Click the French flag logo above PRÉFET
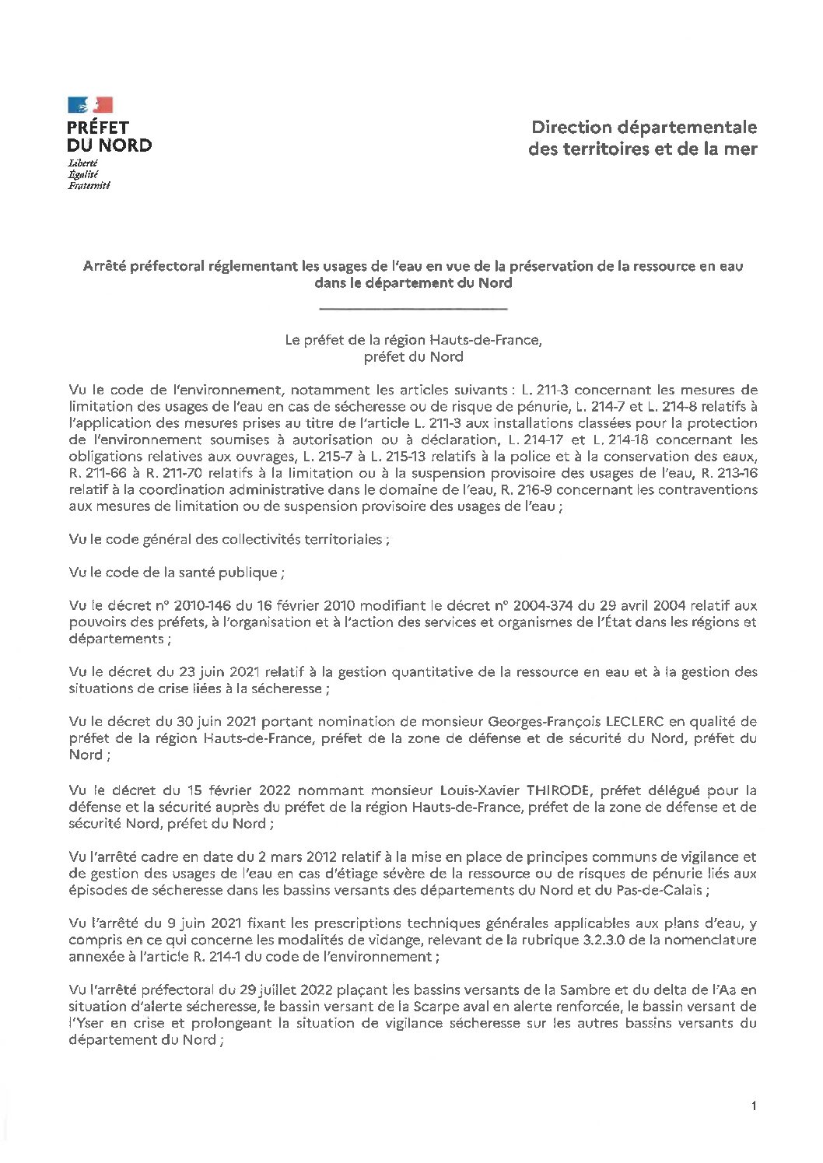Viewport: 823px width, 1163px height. point(89,105)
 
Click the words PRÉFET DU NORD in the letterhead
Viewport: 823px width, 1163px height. point(108,135)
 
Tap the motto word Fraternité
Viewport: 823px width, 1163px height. point(89,186)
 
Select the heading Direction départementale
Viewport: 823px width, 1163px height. point(643,127)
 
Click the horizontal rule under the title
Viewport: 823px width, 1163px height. point(413,310)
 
